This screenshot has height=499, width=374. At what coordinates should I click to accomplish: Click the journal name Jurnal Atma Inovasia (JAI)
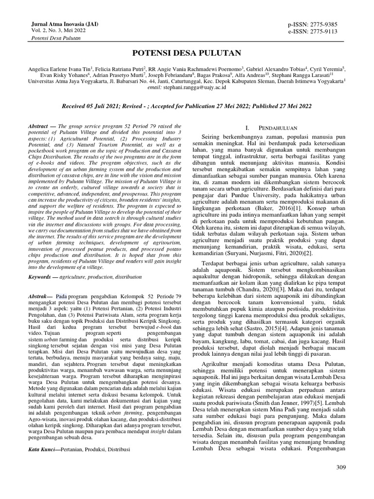[56, 23]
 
